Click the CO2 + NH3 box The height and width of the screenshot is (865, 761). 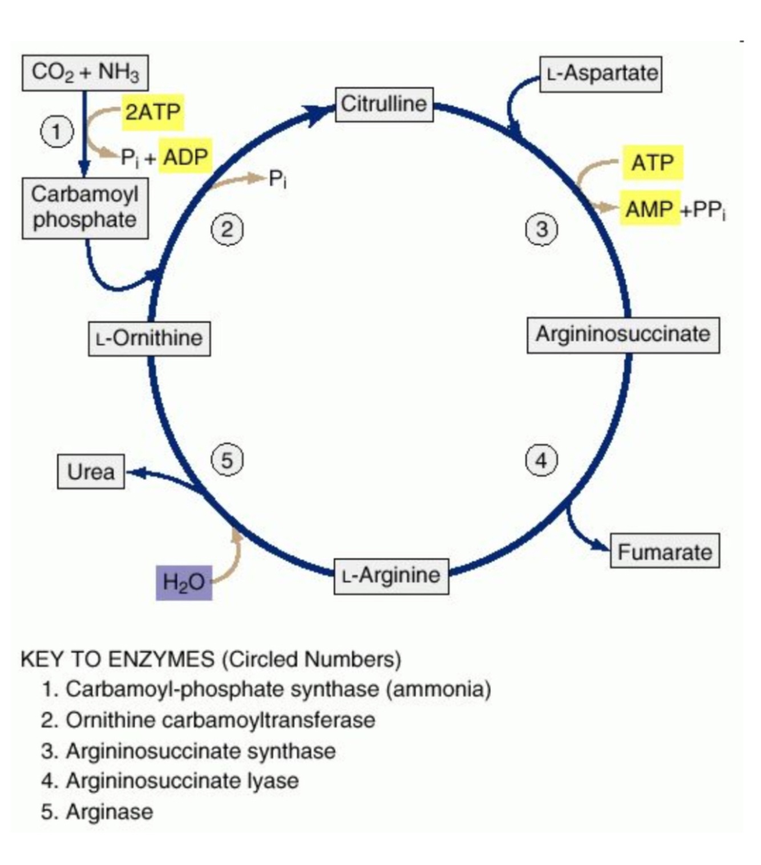[85, 72]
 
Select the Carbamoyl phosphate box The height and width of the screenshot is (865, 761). [85, 208]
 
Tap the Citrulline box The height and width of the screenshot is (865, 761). [384, 104]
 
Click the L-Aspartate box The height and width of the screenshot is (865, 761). [601, 74]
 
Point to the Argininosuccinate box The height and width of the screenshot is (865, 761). [623, 335]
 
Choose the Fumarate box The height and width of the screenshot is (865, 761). [665, 551]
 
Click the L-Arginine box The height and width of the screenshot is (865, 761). [391, 576]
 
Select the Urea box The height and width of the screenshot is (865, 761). [91, 472]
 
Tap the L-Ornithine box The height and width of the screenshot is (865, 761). [149, 339]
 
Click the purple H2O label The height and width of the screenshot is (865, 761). [184, 582]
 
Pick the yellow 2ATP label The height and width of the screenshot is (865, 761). [153, 112]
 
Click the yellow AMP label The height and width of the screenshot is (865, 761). [649, 209]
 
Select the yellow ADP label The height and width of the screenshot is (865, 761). [185, 156]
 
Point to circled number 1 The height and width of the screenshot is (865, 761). [56, 132]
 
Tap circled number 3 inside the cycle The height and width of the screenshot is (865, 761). [541, 229]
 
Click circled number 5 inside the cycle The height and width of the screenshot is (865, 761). [227, 460]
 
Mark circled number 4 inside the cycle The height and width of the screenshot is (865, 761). [541, 460]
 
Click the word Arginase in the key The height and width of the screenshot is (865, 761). [110, 811]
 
